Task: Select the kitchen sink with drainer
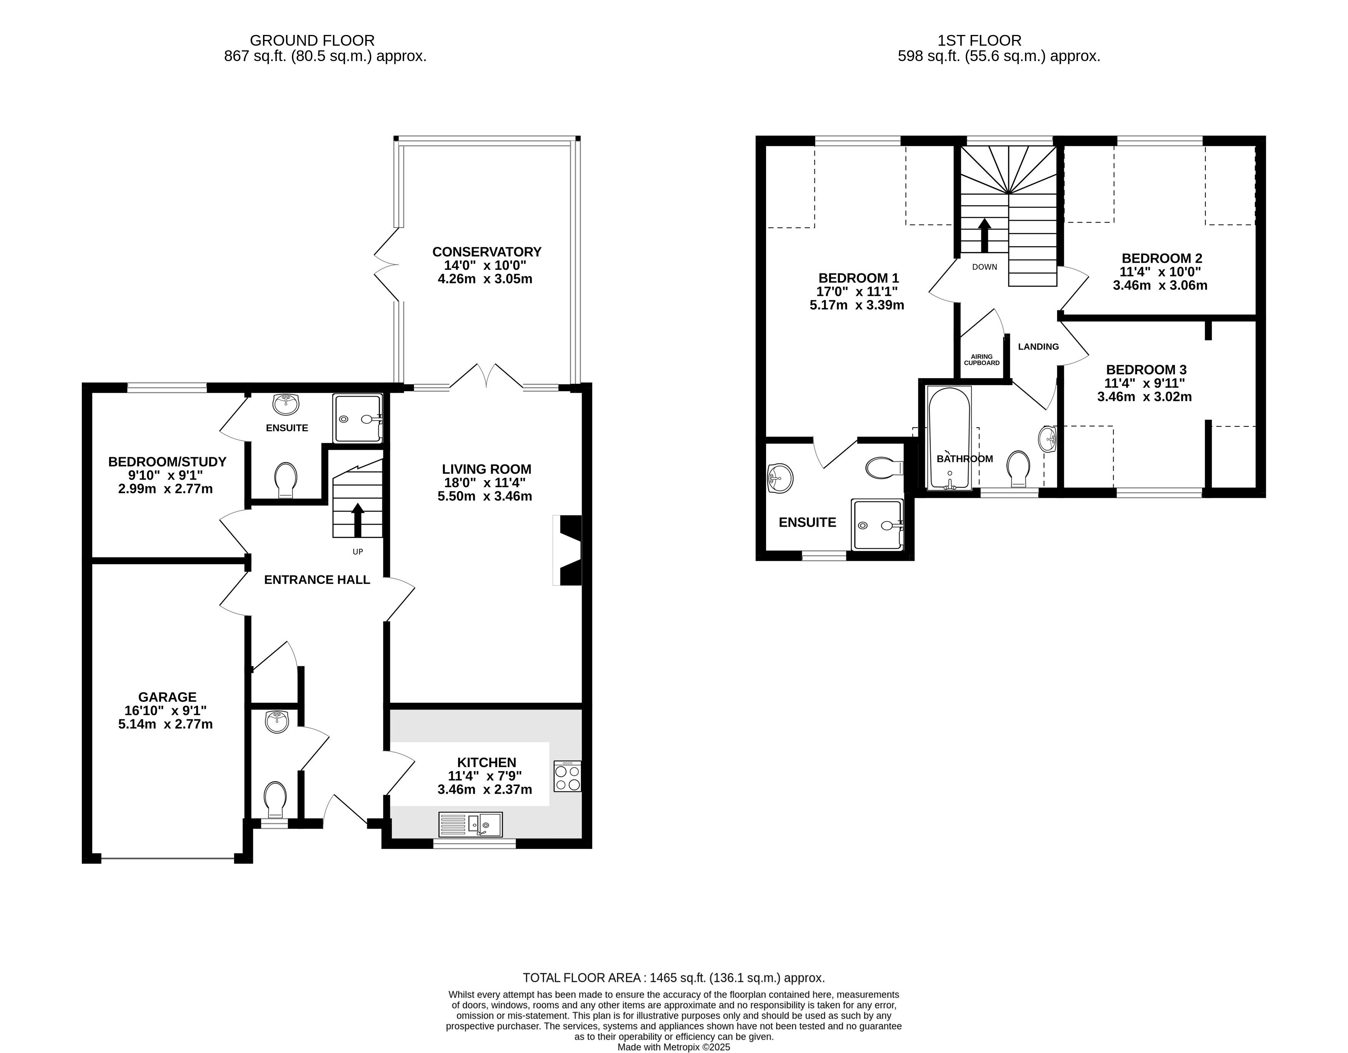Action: [x=470, y=824]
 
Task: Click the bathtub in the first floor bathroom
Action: [x=949, y=438]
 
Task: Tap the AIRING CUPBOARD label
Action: [x=982, y=360]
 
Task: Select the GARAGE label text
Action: [x=167, y=697]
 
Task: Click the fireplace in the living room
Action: [x=568, y=550]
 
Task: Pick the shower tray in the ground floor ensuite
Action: [x=357, y=418]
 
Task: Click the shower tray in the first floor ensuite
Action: [x=876, y=524]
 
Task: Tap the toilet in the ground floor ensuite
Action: [x=285, y=480]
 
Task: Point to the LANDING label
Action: [x=1038, y=347]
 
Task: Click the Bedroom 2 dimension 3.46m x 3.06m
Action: [x=1160, y=285]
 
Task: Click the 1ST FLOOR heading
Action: [x=979, y=41]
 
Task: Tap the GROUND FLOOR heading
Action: [x=312, y=41]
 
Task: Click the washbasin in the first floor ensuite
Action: [x=780, y=479]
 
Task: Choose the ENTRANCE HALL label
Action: [x=317, y=580]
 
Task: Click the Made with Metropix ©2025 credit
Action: [x=674, y=1047]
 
